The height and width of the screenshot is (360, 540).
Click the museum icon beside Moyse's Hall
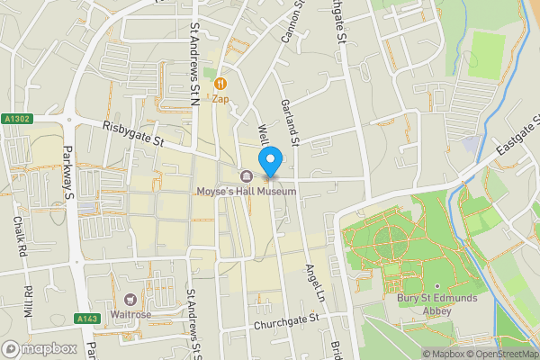pyautogui.click(x=246, y=175)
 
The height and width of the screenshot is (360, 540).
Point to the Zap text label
pyautogui.click(x=220, y=99)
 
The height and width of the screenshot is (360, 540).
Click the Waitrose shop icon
pyautogui.click(x=130, y=299)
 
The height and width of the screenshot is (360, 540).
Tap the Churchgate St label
pyautogui.click(x=286, y=320)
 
